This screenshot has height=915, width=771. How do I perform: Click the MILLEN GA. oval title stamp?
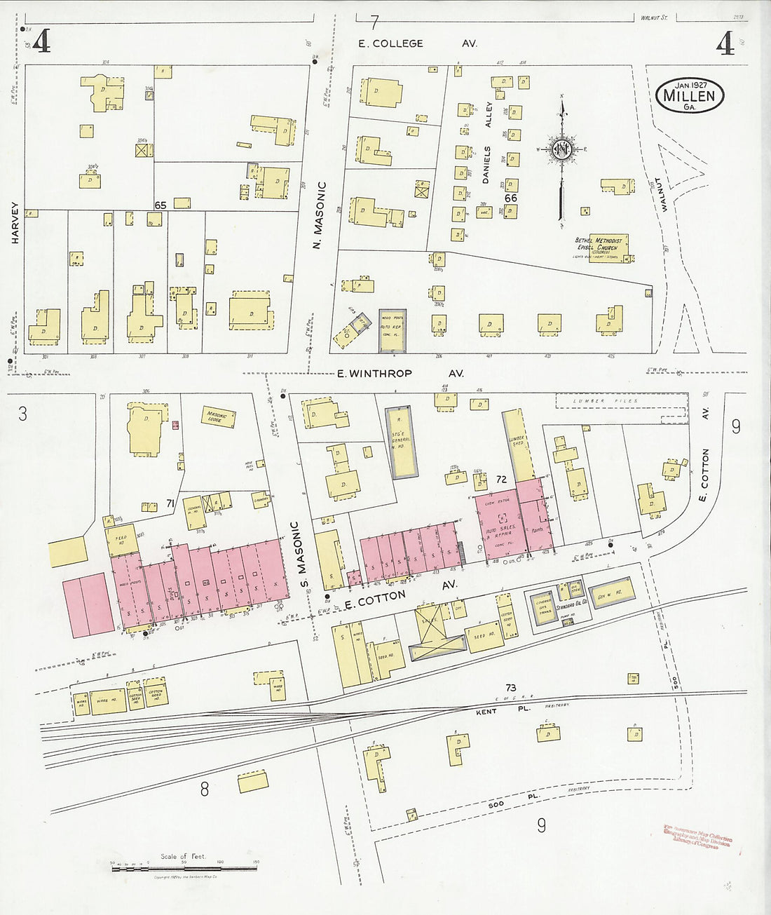pyautogui.click(x=690, y=96)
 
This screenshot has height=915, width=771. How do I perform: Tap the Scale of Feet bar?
pyautogui.click(x=184, y=869)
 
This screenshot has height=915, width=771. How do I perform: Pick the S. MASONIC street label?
pyautogui.click(x=296, y=555)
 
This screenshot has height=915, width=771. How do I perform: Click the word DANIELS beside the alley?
pyautogui.click(x=486, y=165)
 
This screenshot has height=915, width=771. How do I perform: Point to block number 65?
pyautogui.click(x=161, y=205)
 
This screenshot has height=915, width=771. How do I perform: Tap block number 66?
pyautogui.click(x=510, y=198)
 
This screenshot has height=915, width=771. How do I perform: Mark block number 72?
pyautogui.click(x=500, y=480)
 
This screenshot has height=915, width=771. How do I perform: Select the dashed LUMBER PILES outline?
pyautogui.click(x=606, y=400)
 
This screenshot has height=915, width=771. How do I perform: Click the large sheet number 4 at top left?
pyautogui.click(x=41, y=43)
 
